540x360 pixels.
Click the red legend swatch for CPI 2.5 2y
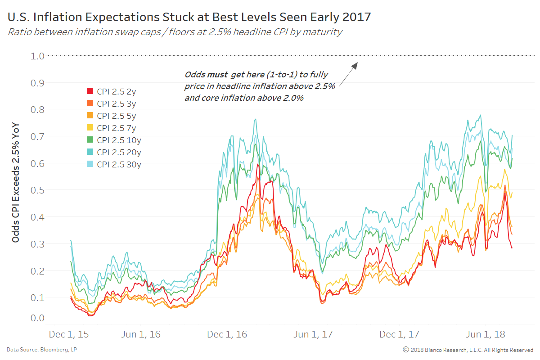[x=90, y=91]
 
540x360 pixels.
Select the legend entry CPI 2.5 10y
[x=117, y=140]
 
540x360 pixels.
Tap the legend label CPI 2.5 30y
[x=119, y=164]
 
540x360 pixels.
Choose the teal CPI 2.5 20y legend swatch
[x=90, y=152]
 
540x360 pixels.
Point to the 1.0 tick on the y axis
[x=38, y=56]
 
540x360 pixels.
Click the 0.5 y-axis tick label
[x=38, y=190]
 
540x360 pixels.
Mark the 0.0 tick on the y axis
[x=38, y=318]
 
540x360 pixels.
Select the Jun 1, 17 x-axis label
[x=314, y=335]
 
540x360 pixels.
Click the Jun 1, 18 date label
[x=486, y=335]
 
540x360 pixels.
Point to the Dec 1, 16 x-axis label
[x=227, y=335]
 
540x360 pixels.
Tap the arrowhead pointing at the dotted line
[x=355, y=65]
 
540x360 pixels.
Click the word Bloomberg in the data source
[x=54, y=350]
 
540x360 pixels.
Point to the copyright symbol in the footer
[x=405, y=350]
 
